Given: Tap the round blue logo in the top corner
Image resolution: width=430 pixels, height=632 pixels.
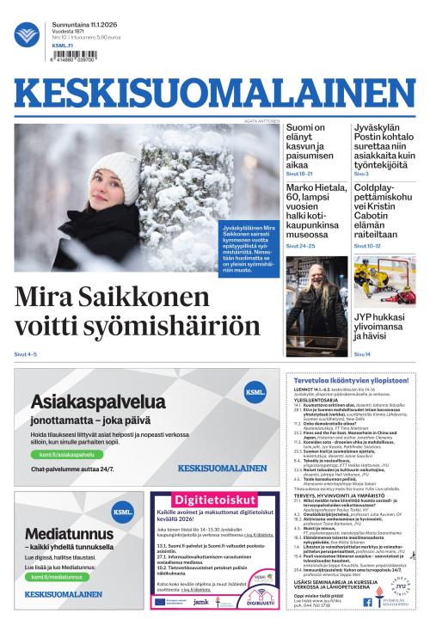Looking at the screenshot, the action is coord(27,35).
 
